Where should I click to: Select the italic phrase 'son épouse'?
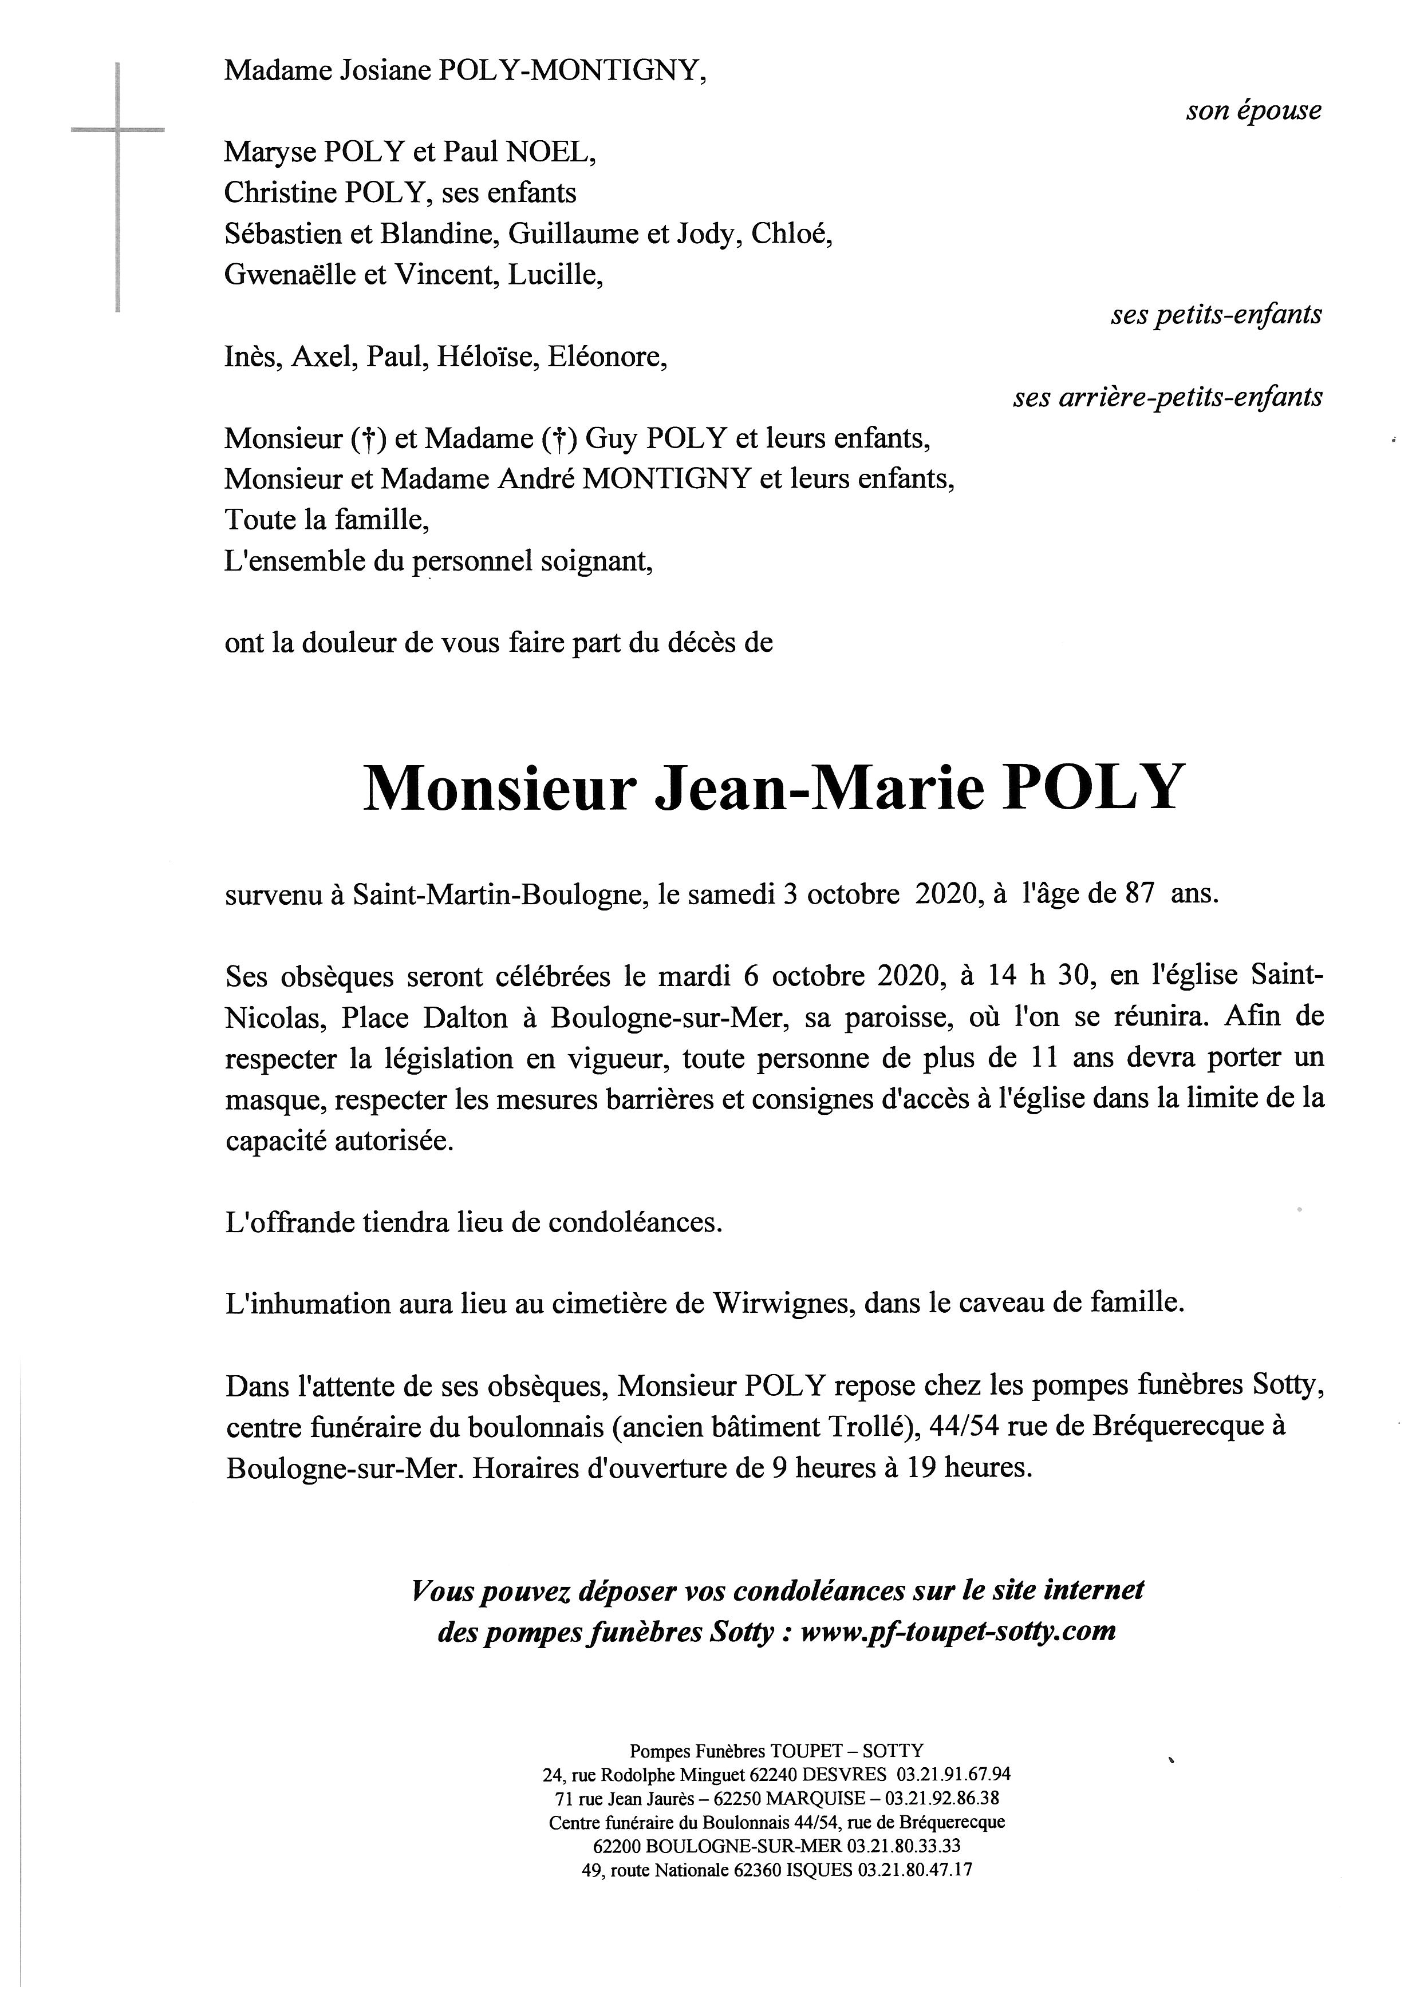(x=1253, y=111)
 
